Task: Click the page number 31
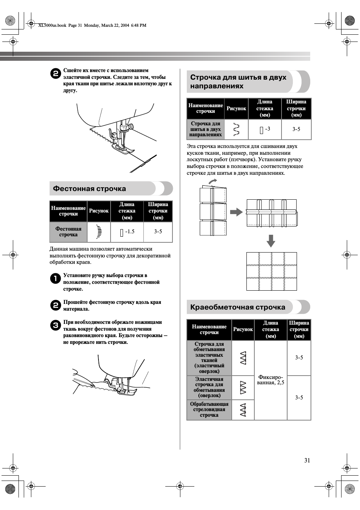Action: (307, 460)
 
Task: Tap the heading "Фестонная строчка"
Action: (89, 189)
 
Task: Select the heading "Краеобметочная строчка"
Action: (238, 307)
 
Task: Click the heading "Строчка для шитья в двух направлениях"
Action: (238, 82)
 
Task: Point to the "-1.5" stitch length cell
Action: (127, 232)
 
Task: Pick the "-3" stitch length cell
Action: (265, 129)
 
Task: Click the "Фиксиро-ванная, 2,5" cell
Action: (271, 380)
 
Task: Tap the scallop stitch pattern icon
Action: (99, 232)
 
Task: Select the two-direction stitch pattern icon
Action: (237, 129)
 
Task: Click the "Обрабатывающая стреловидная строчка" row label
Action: (209, 410)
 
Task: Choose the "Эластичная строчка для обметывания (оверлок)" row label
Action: (209, 387)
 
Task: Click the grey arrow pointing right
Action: (236, 212)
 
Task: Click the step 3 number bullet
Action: (55, 325)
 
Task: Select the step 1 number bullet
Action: (55, 279)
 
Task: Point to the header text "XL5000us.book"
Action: (52, 25)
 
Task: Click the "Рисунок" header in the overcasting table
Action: (243, 330)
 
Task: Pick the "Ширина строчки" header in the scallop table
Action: (158, 211)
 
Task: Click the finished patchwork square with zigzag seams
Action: (271, 271)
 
